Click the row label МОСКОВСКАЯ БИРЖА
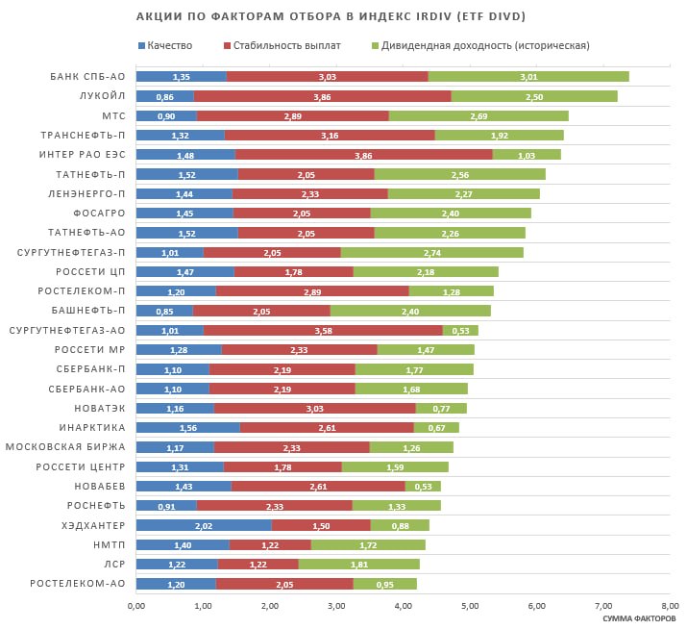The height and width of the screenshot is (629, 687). pyautogui.click(x=66, y=447)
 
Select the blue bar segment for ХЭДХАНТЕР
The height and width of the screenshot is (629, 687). pyautogui.click(x=204, y=525)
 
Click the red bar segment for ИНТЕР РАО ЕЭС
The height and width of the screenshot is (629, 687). pyautogui.click(x=364, y=155)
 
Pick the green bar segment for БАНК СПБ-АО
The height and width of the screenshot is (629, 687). pyautogui.click(x=528, y=77)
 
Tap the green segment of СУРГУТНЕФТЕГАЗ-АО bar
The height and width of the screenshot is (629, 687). pyautogui.click(x=460, y=330)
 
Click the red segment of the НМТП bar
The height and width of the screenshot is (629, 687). pyautogui.click(x=270, y=544)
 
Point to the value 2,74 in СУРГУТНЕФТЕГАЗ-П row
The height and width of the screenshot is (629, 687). pyautogui.click(x=431, y=252)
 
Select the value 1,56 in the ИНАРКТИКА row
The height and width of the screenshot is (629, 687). pyautogui.click(x=188, y=427)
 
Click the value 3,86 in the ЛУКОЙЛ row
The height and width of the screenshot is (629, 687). pyautogui.click(x=323, y=96)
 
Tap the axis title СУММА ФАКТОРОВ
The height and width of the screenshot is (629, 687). pyautogui.click(x=639, y=618)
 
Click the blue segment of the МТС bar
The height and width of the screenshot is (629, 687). pyautogui.click(x=166, y=115)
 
